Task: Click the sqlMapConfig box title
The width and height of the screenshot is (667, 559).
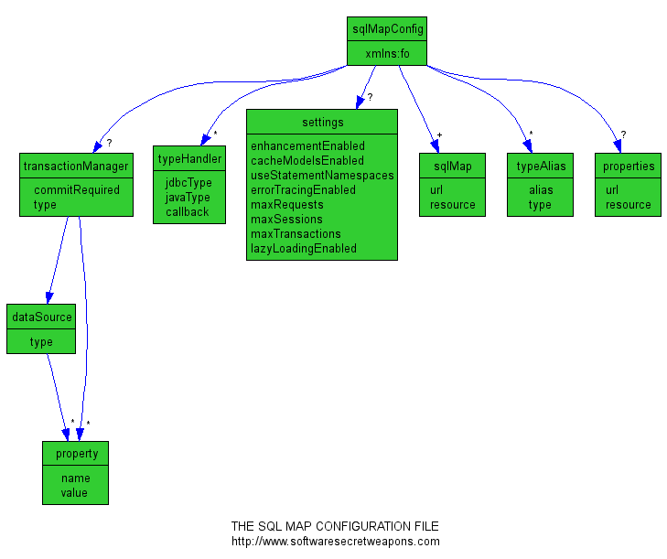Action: coord(388,29)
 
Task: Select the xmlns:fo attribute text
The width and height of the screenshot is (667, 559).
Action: coord(388,54)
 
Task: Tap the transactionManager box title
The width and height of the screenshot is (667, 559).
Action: coord(76,167)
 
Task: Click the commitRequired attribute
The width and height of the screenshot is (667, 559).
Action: coord(77,190)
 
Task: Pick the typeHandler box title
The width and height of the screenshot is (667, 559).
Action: coord(189,159)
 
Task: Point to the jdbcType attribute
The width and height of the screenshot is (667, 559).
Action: coord(188,183)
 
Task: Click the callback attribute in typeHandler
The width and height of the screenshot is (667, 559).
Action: coord(188,212)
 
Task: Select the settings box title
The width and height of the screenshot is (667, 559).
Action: coord(322,123)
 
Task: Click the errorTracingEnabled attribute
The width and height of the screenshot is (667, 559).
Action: coord(303,190)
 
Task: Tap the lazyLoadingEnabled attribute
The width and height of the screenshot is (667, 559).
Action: coord(303,249)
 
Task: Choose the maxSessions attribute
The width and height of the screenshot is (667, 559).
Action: coord(286,220)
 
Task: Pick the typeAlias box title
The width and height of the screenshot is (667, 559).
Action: coord(541,167)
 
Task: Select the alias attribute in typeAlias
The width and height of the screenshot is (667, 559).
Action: coord(541,190)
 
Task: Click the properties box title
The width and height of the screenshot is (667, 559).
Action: coord(629,167)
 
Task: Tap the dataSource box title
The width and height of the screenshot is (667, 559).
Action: coord(41,317)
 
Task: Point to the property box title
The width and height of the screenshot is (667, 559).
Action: coord(75,454)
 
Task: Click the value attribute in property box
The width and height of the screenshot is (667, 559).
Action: coord(75,493)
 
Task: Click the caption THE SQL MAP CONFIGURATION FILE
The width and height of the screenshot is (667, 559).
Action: coord(335,527)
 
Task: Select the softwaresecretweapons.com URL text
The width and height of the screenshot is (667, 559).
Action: coord(335,542)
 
